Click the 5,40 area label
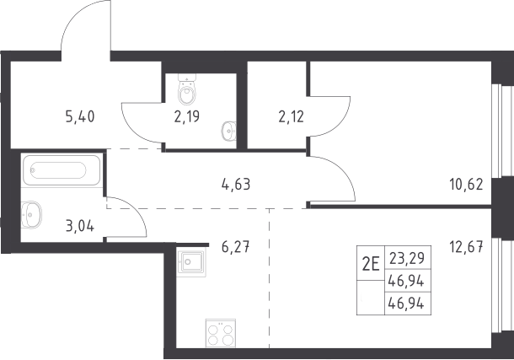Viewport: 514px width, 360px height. point(80,116)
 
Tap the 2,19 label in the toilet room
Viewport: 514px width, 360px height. point(187,116)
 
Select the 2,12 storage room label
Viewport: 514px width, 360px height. point(291,116)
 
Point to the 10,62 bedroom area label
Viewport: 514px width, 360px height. point(466,185)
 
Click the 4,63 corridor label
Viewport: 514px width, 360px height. point(236,185)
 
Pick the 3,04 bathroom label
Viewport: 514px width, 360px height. point(80,226)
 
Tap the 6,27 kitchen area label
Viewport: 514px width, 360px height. point(236,247)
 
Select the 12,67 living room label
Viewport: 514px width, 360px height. point(466,247)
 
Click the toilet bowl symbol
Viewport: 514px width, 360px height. point(187,89)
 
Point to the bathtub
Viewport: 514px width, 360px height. point(62,170)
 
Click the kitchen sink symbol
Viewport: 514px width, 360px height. point(191,262)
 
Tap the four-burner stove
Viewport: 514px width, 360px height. point(221,333)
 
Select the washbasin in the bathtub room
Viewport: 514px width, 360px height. point(31,215)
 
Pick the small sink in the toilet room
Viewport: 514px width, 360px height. point(229,131)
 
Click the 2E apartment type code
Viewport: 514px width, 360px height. point(371,264)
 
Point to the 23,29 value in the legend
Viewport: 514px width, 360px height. point(407,258)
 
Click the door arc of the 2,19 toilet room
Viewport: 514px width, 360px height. point(131,132)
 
